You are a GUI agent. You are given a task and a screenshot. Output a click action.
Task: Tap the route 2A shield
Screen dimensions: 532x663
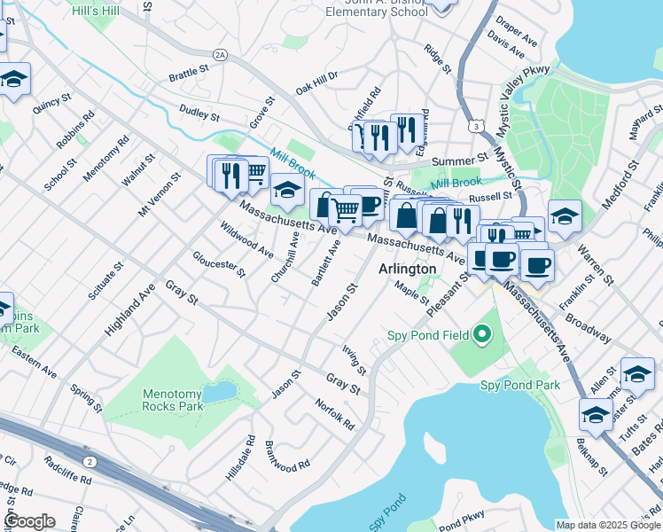tap(220, 55)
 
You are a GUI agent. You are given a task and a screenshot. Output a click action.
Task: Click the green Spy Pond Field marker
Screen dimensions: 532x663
tap(482, 334)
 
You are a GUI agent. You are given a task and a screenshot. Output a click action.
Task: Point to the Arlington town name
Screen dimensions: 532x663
tap(408, 269)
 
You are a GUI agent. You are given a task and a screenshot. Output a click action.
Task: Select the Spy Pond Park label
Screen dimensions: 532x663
tap(520, 385)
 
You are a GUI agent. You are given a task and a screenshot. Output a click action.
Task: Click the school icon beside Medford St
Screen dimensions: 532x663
tap(565, 215)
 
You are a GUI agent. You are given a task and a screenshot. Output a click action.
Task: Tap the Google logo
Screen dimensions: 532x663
tap(29, 520)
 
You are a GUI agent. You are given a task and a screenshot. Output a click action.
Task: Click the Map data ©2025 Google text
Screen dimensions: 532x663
tap(608, 525)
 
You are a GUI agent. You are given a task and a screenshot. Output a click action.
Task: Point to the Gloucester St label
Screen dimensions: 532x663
tap(219, 264)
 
